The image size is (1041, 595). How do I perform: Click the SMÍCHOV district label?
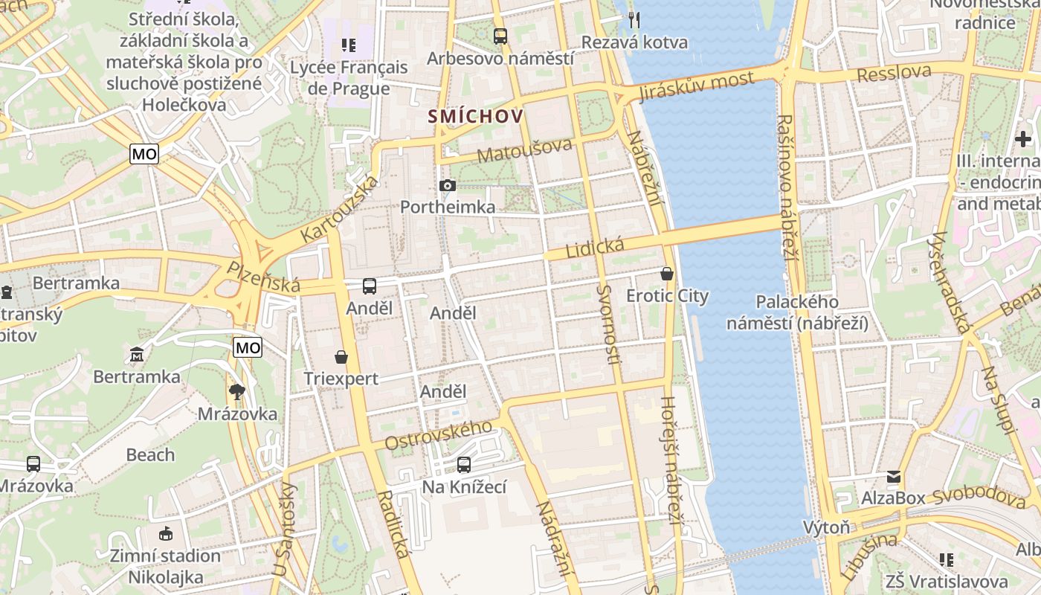pos(475,116)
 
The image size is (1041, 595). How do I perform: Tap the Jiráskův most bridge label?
pos(697,86)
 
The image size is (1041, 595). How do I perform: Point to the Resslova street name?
pos(894,73)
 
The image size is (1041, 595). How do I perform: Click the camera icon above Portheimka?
pos(448,185)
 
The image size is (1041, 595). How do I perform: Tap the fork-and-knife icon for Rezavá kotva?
pos(634,19)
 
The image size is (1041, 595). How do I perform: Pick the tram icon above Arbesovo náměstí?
pos(500,36)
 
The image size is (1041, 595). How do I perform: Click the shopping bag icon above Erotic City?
pos(667,274)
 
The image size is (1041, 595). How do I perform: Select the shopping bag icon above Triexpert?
pos(341,357)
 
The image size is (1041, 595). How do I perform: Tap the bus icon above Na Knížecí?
pos(464,465)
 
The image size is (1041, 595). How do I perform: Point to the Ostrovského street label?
pos(438,435)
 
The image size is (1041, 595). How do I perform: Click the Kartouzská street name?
pos(339,209)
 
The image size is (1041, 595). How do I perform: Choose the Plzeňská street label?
pos(264,276)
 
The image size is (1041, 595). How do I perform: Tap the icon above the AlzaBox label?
pos(893,476)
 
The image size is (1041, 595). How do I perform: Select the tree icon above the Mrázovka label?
pos(237,392)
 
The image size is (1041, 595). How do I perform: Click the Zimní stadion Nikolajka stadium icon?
pos(166,533)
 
